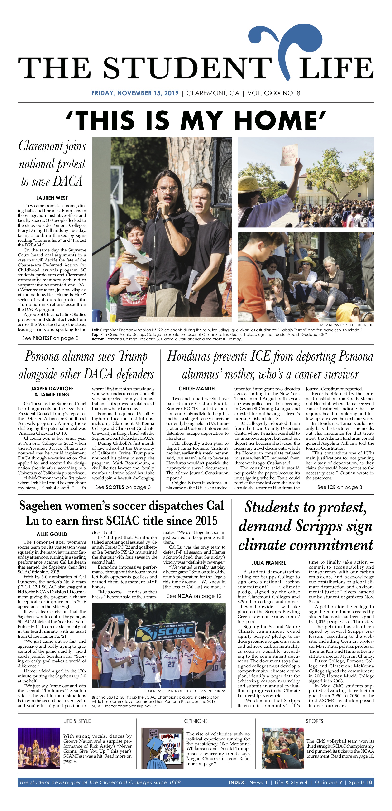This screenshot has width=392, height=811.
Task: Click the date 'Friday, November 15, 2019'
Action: tap(135, 93)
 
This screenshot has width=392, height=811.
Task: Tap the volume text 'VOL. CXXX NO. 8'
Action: tap(274, 93)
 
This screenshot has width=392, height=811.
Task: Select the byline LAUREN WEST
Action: tap(52, 198)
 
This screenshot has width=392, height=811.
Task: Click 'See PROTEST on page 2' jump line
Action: tap(50, 338)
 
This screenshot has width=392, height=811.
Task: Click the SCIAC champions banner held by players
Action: tap(165, 631)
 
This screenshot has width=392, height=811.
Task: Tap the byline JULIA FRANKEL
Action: tap(268, 563)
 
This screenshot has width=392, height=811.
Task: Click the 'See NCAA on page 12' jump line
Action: tap(194, 596)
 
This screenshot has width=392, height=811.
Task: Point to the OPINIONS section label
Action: tap(196, 721)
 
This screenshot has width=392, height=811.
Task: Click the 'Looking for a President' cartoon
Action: tap(162, 748)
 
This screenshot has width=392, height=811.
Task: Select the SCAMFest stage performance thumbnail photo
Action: tap(39, 748)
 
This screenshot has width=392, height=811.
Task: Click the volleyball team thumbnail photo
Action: tap(282, 748)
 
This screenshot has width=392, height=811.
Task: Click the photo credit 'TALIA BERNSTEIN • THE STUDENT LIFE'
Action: tap(347, 325)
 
